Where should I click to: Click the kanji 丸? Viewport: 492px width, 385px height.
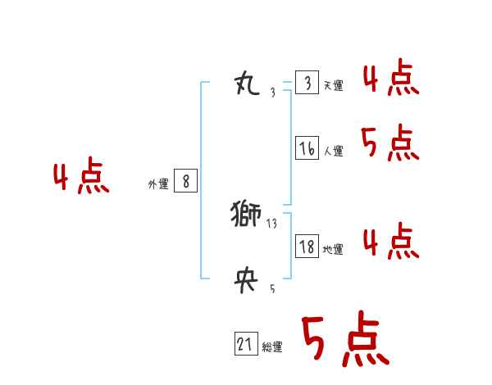[248, 84]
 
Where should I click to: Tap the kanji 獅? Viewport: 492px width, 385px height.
[246, 215]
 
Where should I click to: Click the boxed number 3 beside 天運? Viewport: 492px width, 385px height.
[307, 83]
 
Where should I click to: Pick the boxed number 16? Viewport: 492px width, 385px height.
[307, 148]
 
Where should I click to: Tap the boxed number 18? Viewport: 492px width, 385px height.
[307, 247]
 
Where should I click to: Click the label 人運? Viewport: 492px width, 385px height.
[333, 152]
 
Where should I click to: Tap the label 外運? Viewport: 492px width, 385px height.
[158, 184]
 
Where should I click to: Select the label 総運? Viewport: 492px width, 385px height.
[272, 348]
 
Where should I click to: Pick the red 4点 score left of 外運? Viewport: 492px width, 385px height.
[80, 179]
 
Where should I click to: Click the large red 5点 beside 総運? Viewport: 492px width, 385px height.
[344, 341]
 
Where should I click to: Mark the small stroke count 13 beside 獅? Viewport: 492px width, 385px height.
[272, 223]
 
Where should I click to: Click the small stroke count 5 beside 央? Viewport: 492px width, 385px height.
[272, 289]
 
